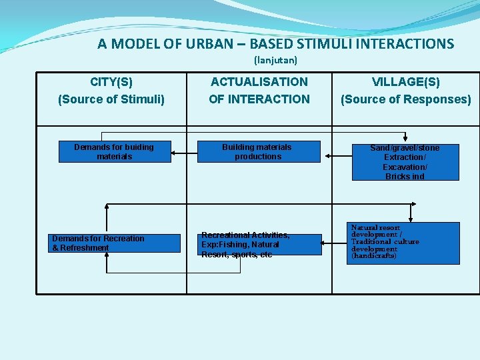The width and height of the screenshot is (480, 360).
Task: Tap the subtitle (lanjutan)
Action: tap(275, 60)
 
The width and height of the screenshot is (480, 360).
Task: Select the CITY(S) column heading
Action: tap(111, 82)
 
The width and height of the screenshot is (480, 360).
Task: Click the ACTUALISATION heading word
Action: tap(259, 82)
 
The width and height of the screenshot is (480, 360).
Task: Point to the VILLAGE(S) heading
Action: tap(405, 82)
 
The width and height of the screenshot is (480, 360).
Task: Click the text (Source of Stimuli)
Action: tap(111, 99)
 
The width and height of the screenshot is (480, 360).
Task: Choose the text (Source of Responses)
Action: tap(405, 99)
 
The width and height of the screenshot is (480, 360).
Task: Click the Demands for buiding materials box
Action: tap(114, 152)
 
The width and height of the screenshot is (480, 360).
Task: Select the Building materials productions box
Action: tap(257, 152)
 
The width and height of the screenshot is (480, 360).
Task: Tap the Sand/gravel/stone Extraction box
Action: tap(405, 162)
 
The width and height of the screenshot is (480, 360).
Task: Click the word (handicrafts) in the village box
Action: tap(374, 256)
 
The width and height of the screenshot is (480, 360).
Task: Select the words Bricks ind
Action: tap(405, 177)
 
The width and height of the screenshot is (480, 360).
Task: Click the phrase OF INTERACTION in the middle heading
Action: tap(259, 99)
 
